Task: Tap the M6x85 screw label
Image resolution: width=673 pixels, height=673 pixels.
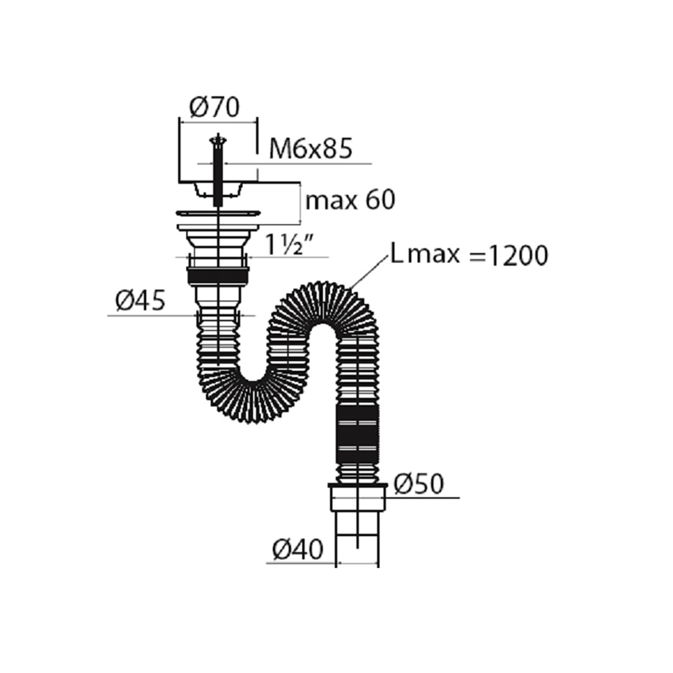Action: [x=311, y=149]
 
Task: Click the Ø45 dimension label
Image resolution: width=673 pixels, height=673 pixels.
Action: [x=140, y=301]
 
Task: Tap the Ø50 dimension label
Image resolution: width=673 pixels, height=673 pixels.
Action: [x=419, y=483]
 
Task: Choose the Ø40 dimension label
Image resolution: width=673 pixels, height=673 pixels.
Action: [x=298, y=550]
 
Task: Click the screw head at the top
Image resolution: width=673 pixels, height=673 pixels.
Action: [x=218, y=140]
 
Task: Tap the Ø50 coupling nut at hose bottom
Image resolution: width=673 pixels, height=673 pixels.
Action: [x=358, y=498]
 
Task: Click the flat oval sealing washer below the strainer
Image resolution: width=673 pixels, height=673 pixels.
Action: [x=219, y=213]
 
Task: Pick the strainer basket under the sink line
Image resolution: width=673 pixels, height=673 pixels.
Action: [x=219, y=190]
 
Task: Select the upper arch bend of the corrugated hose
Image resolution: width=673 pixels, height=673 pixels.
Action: [x=323, y=301]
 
